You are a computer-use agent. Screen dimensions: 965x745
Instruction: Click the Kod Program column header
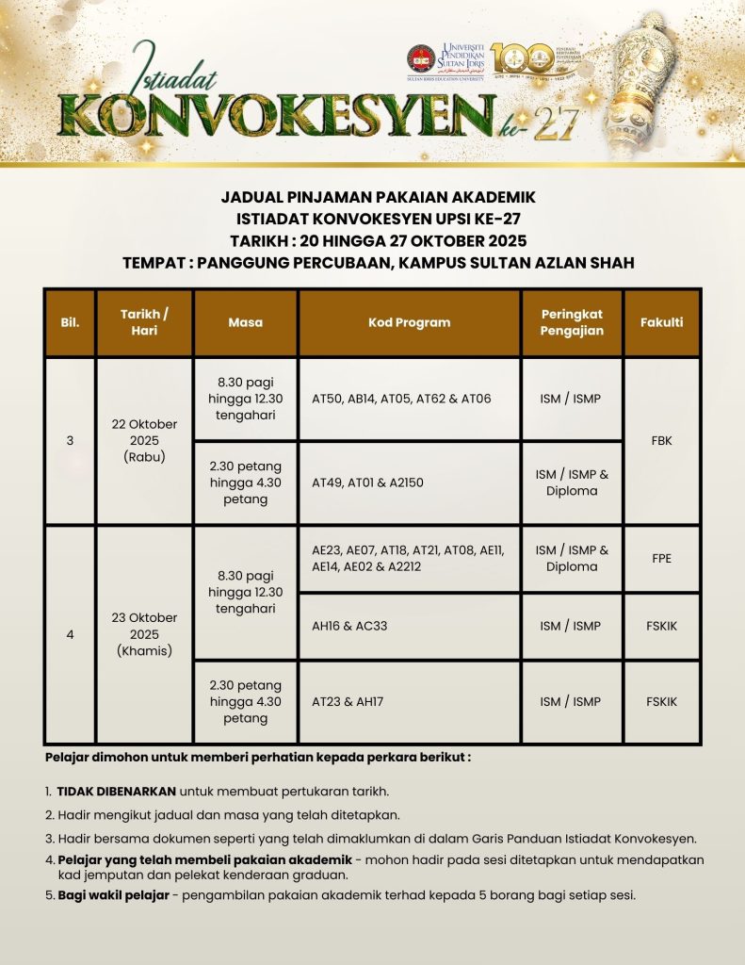(x=409, y=322)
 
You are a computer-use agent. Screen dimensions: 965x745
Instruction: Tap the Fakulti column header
(x=661, y=322)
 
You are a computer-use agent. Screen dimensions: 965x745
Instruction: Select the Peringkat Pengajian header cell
(x=572, y=322)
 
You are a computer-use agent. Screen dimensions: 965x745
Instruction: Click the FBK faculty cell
(x=661, y=440)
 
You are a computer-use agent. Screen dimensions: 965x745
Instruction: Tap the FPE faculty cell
(x=661, y=558)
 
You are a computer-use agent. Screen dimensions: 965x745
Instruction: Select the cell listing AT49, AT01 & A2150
(x=409, y=482)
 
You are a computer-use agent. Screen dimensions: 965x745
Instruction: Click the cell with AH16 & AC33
(x=409, y=626)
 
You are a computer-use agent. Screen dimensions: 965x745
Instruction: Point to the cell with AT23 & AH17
(x=409, y=702)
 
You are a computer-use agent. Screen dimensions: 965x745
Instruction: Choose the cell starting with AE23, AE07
(x=409, y=558)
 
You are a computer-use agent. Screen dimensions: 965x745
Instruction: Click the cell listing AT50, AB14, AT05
(x=409, y=399)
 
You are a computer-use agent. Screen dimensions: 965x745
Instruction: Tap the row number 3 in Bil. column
(x=70, y=440)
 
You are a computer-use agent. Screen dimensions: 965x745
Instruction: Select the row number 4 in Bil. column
(x=70, y=634)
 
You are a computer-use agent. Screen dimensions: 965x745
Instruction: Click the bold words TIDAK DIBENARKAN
(x=116, y=791)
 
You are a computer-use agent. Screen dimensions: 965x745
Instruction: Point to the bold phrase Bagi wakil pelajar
(x=113, y=895)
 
